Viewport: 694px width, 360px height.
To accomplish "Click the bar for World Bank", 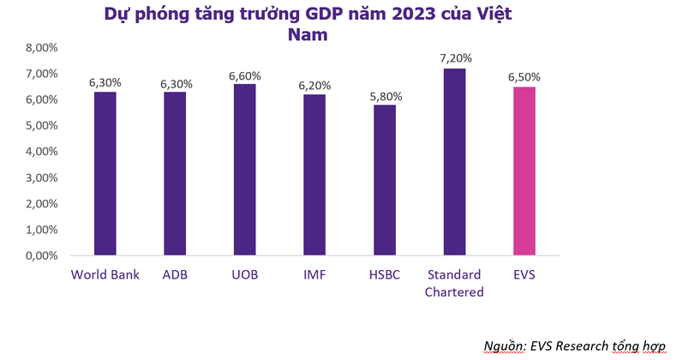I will tap(105, 173).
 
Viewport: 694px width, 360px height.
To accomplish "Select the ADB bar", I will tap(176, 173).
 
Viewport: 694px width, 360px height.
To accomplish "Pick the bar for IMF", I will tap(315, 175).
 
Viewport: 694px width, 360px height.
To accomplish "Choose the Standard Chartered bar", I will tap(455, 162).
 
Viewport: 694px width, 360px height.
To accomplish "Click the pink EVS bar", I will tap(524, 171).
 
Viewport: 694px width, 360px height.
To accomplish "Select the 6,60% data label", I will tap(245, 75).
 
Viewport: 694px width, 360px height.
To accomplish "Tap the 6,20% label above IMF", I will tap(316, 86).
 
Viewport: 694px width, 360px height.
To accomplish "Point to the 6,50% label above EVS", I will tap(524, 77).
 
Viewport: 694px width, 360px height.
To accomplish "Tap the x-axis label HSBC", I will tap(385, 275).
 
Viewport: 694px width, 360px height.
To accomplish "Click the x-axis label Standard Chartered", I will tap(455, 284).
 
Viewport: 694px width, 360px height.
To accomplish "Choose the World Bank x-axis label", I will tap(105, 275).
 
